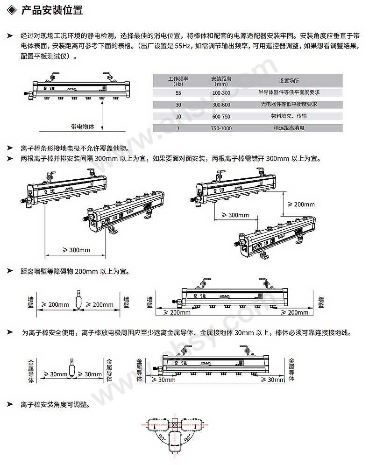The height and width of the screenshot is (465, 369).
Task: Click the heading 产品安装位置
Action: [52, 10]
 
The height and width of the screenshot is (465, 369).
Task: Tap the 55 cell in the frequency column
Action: [178, 93]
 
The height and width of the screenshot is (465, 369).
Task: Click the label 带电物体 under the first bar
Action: [82, 127]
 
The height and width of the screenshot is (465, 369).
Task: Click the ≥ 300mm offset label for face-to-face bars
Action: [235, 215]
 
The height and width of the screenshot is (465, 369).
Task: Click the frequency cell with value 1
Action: [178, 127]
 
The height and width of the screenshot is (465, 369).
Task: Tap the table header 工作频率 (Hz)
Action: [178, 81]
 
